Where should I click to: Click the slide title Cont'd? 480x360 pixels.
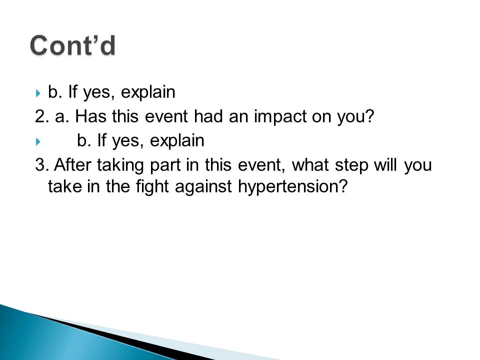(x=73, y=45)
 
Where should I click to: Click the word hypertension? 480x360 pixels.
(x=293, y=186)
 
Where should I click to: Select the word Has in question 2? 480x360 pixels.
(x=91, y=116)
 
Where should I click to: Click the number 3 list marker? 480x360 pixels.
(x=42, y=164)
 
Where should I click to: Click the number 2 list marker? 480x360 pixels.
(x=42, y=116)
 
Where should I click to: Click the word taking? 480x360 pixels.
(x=120, y=165)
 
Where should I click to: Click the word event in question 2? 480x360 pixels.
(x=166, y=116)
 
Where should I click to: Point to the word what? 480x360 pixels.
(x=310, y=164)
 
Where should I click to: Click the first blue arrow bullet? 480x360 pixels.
(x=38, y=93)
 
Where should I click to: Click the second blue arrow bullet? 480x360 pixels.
(x=38, y=141)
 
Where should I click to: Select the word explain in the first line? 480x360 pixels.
(x=148, y=92)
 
